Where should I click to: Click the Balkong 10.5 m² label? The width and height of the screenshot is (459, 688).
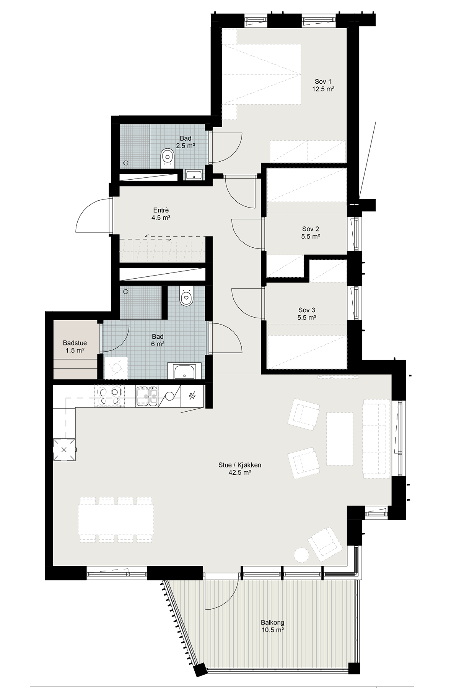point(273,626)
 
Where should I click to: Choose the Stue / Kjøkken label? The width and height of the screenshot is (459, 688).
point(240,469)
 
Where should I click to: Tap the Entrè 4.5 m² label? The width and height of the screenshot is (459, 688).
point(161,214)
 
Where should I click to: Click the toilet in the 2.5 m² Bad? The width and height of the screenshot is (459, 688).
point(167,158)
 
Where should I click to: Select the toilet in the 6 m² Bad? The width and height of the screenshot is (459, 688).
point(186,296)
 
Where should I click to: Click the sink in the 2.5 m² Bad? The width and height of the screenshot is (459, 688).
point(194,175)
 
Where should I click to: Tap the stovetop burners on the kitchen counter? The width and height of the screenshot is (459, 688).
point(110,396)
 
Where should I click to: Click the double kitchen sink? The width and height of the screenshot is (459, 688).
point(147,396)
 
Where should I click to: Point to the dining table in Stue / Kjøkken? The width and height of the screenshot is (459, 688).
point(116,519)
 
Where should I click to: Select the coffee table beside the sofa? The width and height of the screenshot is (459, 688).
point(340,438)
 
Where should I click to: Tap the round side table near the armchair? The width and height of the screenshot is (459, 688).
point(301,555)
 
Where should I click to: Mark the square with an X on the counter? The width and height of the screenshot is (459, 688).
point(64,449)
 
